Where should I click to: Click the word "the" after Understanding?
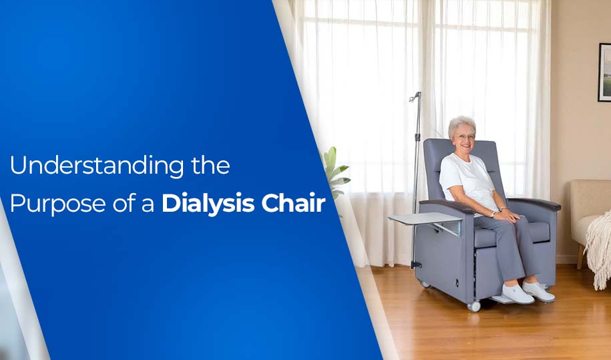pos(210,166)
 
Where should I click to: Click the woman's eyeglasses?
pos(465,136)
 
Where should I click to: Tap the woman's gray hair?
pos(461,122)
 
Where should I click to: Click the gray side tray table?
pos(425,218)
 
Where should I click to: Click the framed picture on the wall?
pos(604,72)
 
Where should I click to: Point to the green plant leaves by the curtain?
pos(336,170)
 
